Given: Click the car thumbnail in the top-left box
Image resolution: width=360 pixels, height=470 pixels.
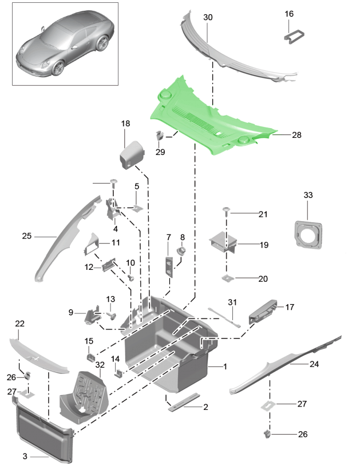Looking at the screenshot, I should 65,44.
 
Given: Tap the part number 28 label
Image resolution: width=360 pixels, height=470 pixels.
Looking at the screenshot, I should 296,136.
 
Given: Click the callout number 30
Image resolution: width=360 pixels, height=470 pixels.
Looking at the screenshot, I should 208,18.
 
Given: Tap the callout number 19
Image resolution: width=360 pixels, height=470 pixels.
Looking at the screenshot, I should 264,245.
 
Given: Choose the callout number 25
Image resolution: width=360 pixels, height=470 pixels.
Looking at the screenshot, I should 26,236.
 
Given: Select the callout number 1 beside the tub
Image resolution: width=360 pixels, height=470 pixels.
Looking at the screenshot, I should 225,366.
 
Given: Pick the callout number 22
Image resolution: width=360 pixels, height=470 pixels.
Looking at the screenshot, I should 20,324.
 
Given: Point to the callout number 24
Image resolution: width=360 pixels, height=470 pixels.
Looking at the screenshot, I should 314,364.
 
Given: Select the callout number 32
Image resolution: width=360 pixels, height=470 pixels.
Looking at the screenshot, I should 100,364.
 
